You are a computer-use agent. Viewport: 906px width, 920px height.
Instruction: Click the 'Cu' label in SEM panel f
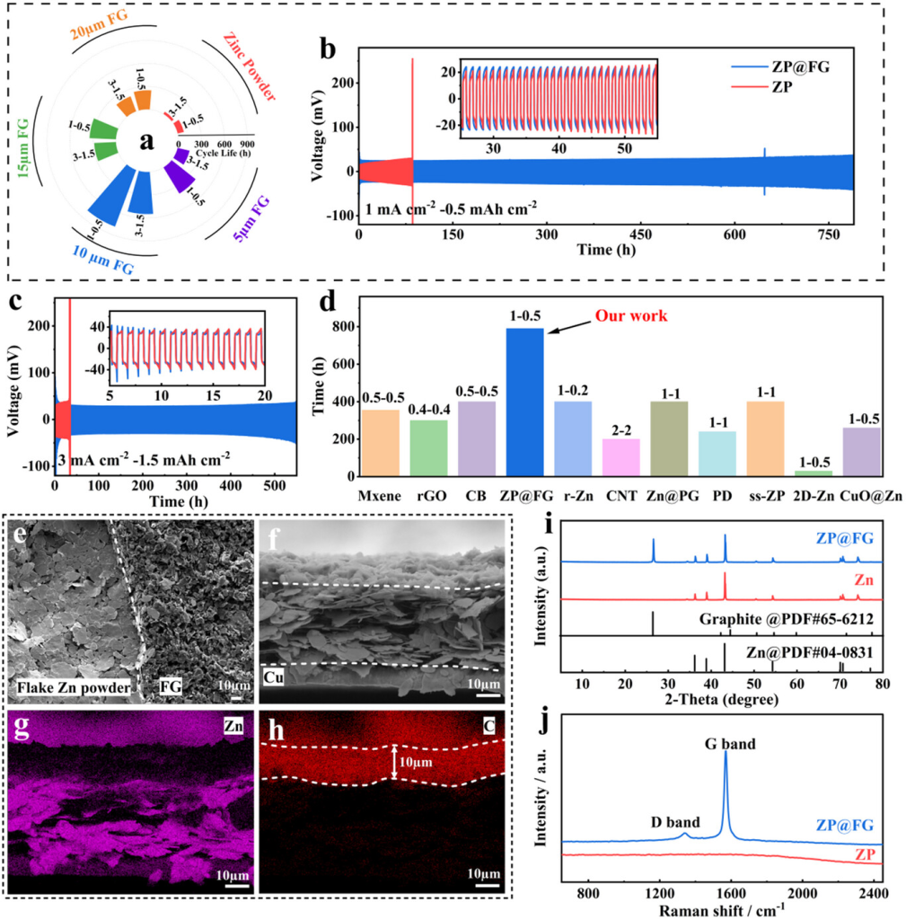pyautogui.click(x=276, y=673)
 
